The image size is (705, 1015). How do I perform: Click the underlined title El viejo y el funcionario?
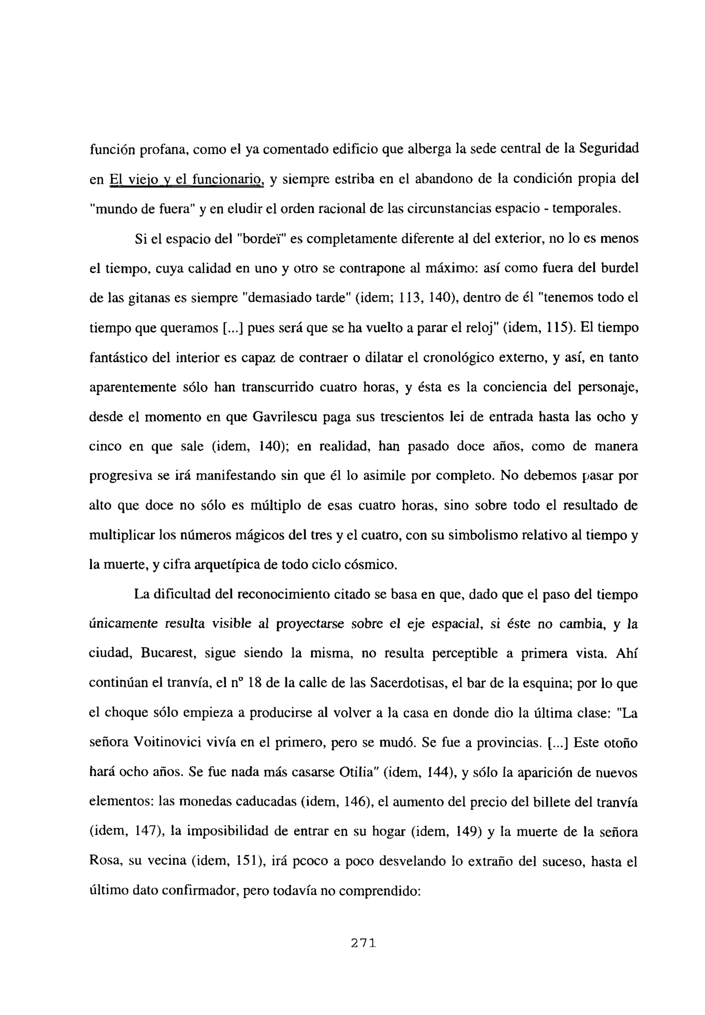pyautogui.click(x=187, y=180)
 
